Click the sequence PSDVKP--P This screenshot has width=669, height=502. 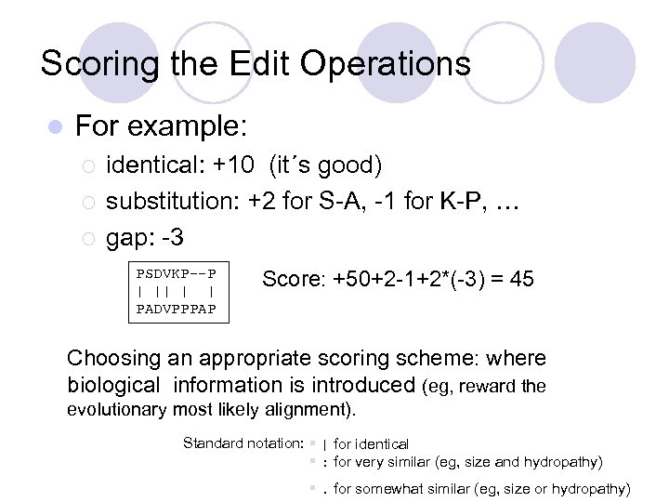click(x=176, y=274)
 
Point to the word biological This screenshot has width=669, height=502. click(x=114, y=384)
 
